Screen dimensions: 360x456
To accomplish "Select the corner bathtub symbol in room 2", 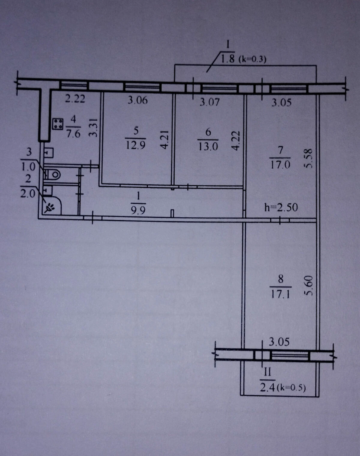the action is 52,205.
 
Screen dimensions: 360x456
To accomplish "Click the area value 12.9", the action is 136,145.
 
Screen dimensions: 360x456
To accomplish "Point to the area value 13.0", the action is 208,147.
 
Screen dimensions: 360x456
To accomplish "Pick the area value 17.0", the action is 280,165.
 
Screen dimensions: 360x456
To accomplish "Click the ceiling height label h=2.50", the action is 281,207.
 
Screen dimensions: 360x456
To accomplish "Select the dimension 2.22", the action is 75,99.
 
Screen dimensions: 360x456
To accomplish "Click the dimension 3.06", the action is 137,100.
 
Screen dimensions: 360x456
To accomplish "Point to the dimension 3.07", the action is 210,102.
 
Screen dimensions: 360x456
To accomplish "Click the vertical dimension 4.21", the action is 165,139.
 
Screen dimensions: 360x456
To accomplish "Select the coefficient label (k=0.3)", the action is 252,59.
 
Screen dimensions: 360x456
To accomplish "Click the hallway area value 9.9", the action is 138,211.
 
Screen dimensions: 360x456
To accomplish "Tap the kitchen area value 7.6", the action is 73,134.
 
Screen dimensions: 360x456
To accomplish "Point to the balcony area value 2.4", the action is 267,388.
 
